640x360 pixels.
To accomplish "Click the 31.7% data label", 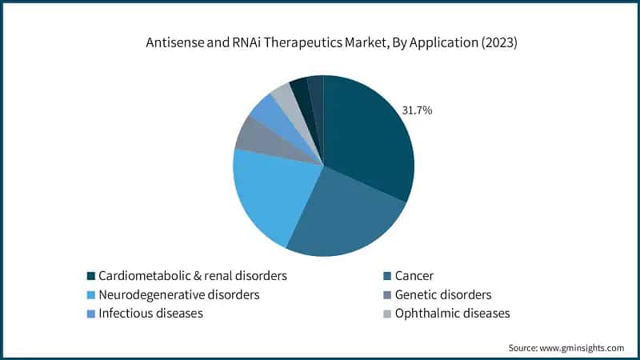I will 417,110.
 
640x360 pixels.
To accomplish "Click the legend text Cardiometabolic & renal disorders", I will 193,276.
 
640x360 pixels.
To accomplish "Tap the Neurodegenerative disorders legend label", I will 178,294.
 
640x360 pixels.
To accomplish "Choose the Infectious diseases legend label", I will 150,314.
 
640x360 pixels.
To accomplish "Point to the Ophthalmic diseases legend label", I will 452,314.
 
